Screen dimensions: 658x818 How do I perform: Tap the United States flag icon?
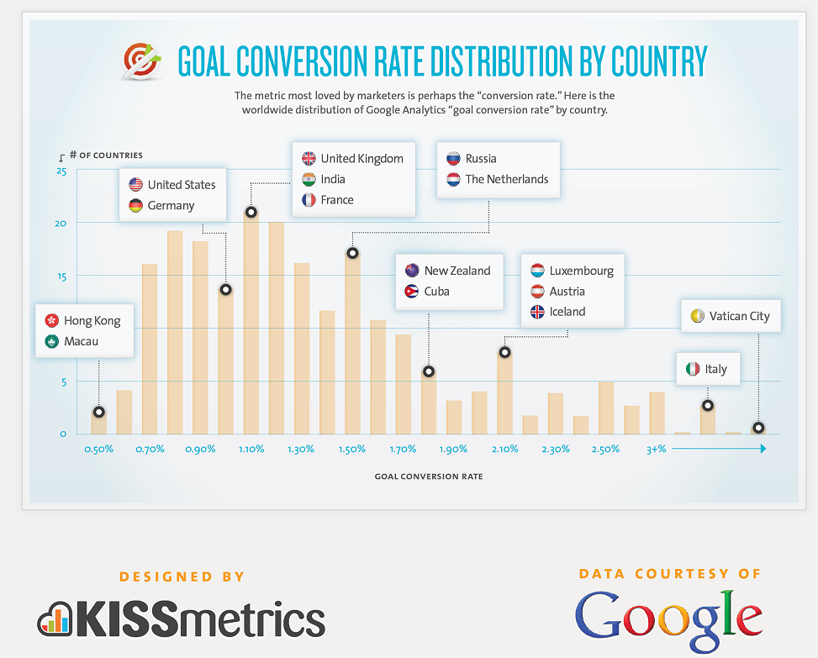(135, 185)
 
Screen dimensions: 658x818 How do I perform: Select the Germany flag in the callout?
(135, 206)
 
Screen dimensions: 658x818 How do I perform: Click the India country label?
(333, 179)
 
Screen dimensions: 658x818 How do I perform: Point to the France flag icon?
(309, 200)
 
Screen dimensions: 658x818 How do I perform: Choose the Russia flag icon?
(453, 159)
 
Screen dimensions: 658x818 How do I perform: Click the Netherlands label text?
(506, 179)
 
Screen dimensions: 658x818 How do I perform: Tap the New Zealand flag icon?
(412, 271)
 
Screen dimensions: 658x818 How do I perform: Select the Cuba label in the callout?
(436, 292)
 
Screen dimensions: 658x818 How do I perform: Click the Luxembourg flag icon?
(537, 271)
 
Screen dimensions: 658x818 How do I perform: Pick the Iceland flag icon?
(537, 312)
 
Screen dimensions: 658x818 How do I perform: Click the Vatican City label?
(739, 317)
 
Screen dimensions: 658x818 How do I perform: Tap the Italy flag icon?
(693, 369)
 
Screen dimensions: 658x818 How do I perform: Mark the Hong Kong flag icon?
(51, 321)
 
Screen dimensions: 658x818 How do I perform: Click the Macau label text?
(81, 341)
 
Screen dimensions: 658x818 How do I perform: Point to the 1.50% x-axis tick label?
(352, 450)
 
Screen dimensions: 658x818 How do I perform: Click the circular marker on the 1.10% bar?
(251, 212)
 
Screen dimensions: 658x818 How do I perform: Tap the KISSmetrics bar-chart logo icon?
(55, 619)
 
